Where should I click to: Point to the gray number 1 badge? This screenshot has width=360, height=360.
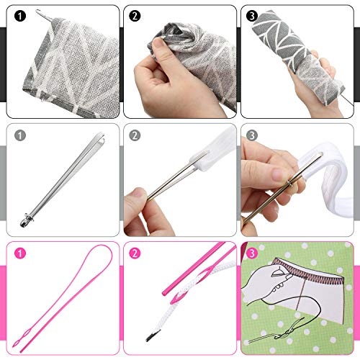point(19,134)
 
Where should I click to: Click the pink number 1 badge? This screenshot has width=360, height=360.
point(19,253)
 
